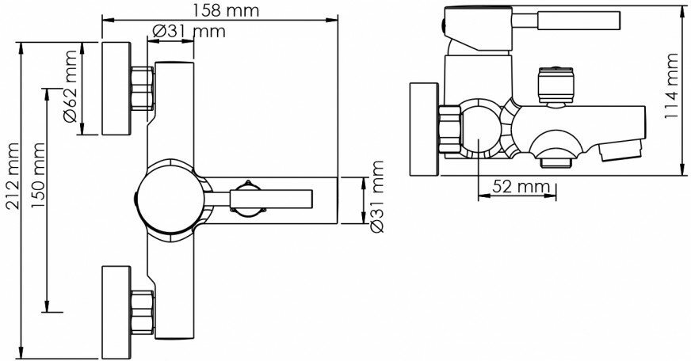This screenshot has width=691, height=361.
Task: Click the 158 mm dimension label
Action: click(x=226, y=10)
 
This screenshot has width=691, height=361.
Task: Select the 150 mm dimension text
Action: click(x=38, y=176)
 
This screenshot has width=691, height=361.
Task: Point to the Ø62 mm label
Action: click(x=70, y=86)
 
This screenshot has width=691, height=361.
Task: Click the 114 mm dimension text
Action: click(x=672, y=86)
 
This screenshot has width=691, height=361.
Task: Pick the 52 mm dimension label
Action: click(x=521, y=187)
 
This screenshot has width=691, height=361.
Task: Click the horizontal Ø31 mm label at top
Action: click(x=189, y=31)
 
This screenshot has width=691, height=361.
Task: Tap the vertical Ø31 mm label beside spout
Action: click(x=376, y=197)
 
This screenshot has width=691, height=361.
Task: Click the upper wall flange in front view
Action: click(x=116, y=89)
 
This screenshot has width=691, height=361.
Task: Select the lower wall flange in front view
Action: click(x=116, y=312)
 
